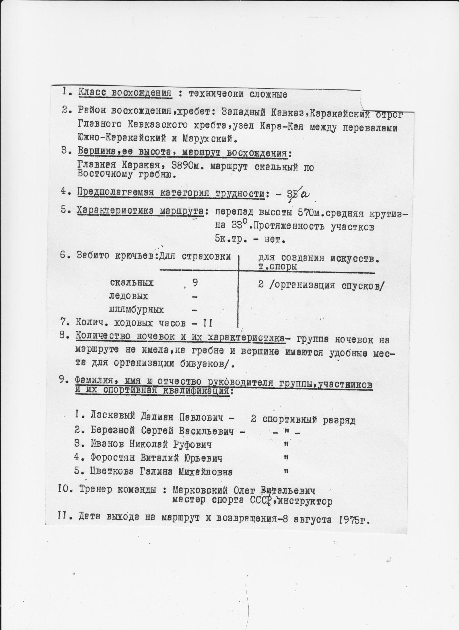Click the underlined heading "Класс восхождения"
click(125, 94)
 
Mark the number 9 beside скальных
click(195, 283)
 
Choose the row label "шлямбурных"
click(137, 310)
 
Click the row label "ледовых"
click(128, 296)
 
